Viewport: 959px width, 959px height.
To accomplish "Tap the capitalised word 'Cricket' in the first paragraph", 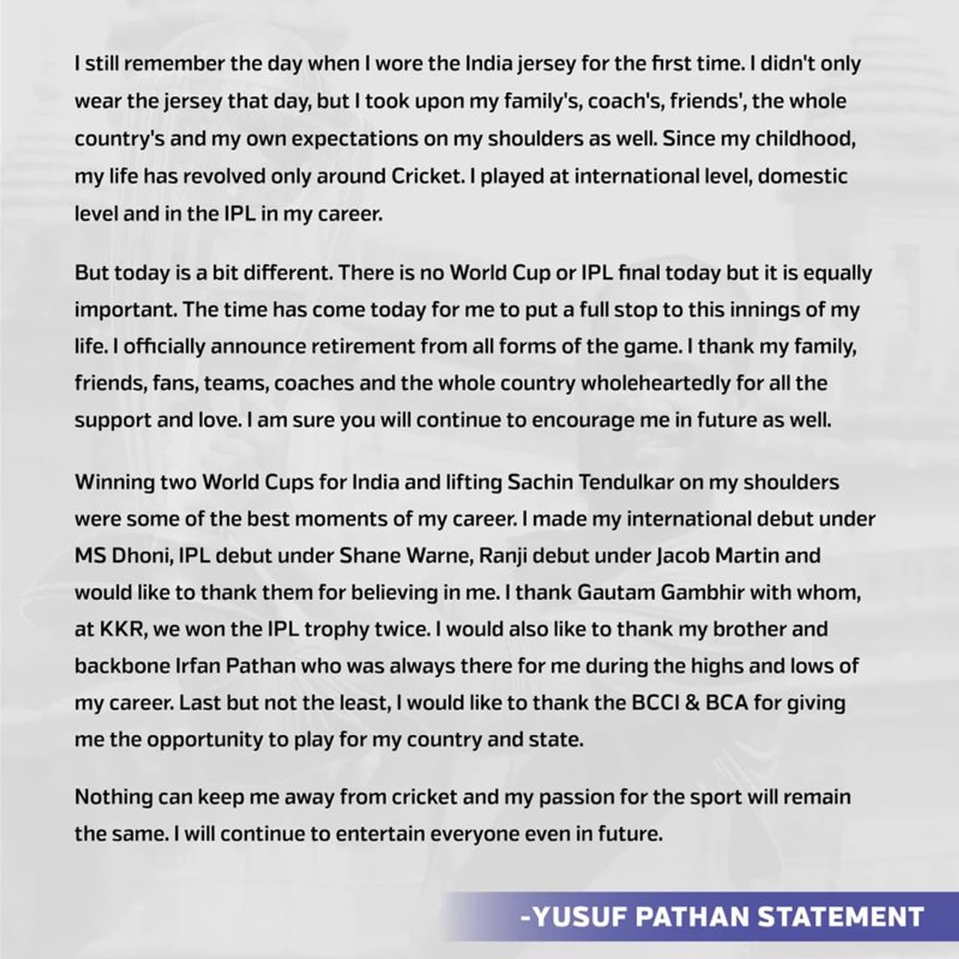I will point(429,176).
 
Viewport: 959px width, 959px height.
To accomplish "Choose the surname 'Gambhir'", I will point(704,593).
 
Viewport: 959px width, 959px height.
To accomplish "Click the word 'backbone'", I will point(123,666).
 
